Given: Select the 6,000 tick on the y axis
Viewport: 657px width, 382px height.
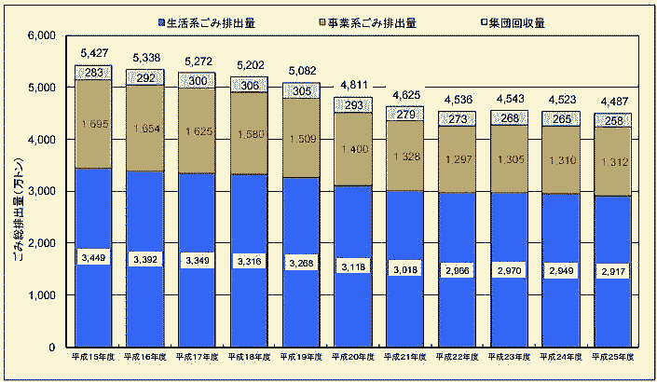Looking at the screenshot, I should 43,35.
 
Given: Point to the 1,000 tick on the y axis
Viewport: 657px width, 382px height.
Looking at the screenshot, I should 43,295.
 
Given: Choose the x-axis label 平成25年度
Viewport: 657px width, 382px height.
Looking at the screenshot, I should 612,357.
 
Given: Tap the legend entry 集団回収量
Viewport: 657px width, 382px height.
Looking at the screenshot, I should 511,20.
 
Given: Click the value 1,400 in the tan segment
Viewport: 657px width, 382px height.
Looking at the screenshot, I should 352,148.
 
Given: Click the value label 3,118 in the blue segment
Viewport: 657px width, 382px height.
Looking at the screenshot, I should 352,265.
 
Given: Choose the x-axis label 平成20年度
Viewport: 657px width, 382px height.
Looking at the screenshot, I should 352,357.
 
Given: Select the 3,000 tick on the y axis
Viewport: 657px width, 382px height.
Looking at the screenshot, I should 43,191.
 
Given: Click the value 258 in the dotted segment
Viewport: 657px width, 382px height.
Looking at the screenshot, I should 612,120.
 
